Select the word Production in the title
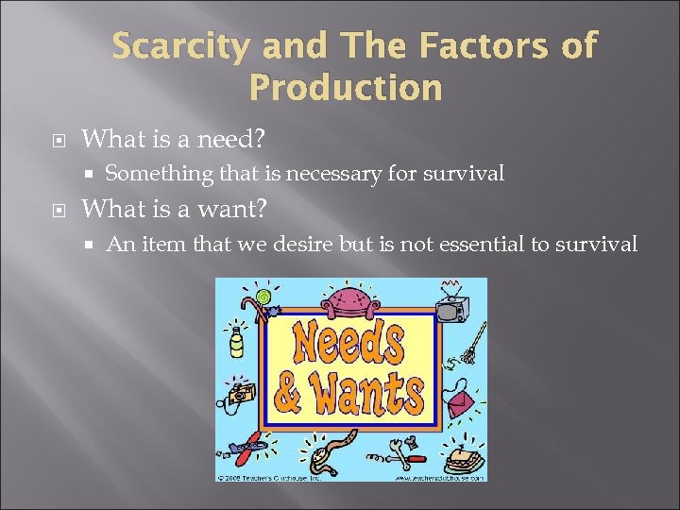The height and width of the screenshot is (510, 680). click(x=345, y=87)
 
